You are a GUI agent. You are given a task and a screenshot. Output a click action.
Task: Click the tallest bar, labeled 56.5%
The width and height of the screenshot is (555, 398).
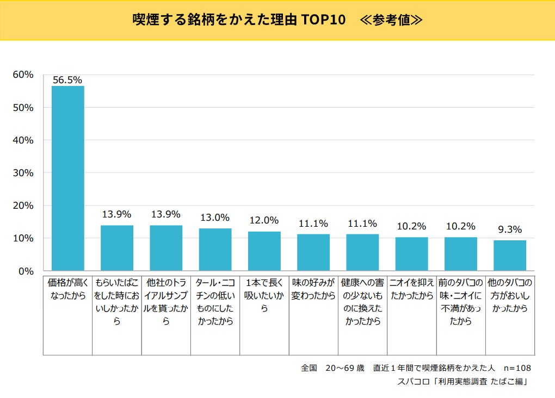[x=68, y=178]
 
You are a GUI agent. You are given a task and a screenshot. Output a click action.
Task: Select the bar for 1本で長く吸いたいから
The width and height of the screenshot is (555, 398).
[x=264, y=251]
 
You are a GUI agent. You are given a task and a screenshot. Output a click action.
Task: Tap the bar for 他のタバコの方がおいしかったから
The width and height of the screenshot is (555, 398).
[x=510, y=256]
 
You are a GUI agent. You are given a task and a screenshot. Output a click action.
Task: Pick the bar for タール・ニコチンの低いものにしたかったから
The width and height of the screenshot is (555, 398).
[x=215, y=250]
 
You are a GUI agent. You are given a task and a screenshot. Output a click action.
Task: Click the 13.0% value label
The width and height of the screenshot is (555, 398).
[x=215, y=217]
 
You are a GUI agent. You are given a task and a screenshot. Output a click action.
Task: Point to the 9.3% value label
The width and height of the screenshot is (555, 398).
[x=510, y=229]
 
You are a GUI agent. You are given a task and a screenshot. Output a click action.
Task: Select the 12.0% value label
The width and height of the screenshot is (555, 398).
[x=264, y=220]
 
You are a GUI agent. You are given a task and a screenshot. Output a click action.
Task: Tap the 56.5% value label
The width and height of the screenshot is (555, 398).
[x=67, y=79]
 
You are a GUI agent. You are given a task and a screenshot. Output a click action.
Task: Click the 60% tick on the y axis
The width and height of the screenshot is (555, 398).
[x=23, y=74]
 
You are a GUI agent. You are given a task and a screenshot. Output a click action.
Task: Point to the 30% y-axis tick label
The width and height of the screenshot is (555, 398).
[x=23, y=173]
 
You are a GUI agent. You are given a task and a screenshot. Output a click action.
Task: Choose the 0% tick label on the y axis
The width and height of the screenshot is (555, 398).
[x=26, y=271]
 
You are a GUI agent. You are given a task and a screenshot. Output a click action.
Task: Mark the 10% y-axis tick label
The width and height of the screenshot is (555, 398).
[x=23, y=238]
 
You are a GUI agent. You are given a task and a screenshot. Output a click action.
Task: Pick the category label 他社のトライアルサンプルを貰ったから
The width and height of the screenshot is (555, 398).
[x=166, y=302]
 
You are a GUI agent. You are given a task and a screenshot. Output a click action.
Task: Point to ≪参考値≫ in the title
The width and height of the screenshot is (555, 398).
[x=391, y=20]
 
